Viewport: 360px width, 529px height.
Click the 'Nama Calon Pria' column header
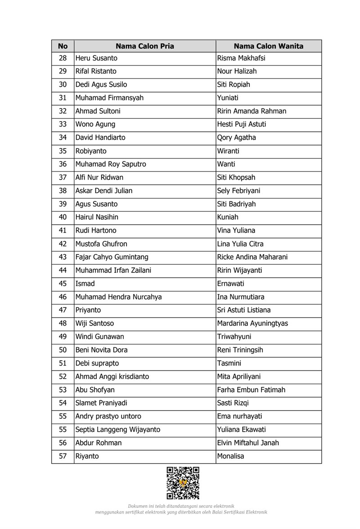(x=144, y=46)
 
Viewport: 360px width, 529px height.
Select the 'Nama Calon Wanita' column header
(x=268, y=46)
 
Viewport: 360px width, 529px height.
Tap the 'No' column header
(x=63, y=46)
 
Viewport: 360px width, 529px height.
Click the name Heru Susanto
(x=96, y=58)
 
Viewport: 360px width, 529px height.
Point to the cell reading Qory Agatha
(x=236, y=137)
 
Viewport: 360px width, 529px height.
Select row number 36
(x=63, y=164)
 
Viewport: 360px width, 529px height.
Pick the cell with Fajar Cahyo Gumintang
(x=112, y=257)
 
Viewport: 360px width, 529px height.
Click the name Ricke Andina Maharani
(x=252, y=257)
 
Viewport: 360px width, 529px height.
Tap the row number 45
(x=63, y=284)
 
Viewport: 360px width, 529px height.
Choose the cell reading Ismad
(x=85, y=284)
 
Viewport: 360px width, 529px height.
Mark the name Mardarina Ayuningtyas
(x=252, y=323)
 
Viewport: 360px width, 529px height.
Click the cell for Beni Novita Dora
(x=101, y=350)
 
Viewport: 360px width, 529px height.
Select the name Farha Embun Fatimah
(x=251, y=389)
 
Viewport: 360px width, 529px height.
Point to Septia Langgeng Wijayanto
(x=117, y=430)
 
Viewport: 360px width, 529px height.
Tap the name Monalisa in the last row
(x=230, y=456)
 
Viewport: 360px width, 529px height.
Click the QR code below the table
(x=183, y=483)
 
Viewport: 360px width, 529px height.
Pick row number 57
(x=63, y=456)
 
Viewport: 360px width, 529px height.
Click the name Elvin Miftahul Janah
(x=248, y=443)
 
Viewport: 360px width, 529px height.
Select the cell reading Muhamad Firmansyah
(x=109, y=98)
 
